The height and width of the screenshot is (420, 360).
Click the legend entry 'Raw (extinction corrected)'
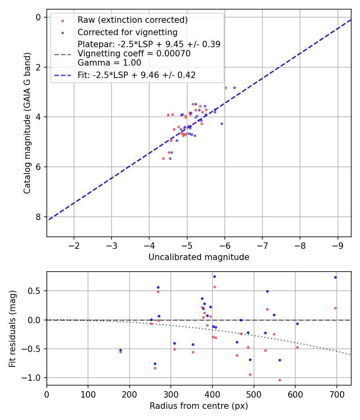coord(132,20)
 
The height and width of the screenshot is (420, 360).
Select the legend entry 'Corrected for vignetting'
coord(128,32)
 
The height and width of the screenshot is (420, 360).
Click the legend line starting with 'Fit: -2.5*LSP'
coord(136,75)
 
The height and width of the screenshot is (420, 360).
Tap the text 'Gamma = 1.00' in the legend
coord(109,62)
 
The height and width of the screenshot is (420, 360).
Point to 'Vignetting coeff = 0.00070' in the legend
coord(134,53)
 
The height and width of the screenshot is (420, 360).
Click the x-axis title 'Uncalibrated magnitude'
coord(199,257)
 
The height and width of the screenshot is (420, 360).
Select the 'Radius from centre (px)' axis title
coord(199,406)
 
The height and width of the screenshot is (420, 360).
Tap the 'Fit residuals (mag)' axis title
coord(12,328)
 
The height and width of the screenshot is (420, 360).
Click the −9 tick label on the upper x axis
coord(338,244)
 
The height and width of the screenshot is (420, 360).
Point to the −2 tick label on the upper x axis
coord(74,244)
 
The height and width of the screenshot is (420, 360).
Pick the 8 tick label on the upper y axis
coord(38,217)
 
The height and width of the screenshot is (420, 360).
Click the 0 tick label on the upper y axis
coord(38,17)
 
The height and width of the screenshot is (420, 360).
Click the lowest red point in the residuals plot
coord(280,380)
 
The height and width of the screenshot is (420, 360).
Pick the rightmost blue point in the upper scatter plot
coord(234,88)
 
